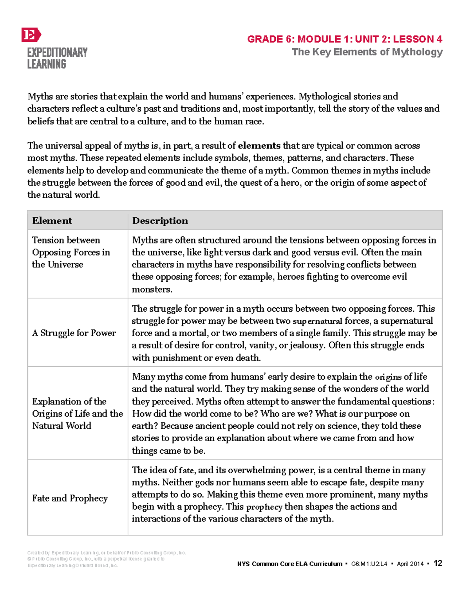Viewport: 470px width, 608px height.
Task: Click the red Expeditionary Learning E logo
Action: point(31,35)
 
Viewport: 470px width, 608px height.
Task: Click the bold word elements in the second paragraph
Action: point(259,146)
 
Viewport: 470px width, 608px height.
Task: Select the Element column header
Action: point(52,221)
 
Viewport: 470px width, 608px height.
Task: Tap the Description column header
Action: point(160,221)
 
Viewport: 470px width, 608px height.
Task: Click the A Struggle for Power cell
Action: point(74,333)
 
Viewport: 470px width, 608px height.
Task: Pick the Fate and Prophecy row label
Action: point(70,498)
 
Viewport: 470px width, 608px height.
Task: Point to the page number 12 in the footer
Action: point(438,563)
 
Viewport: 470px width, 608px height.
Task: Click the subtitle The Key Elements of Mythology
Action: point(367,52)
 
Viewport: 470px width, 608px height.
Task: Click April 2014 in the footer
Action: point(410,564)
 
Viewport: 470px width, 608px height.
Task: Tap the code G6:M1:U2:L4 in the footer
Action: point(369,564)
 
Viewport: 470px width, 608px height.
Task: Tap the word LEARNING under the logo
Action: point(47,64)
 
